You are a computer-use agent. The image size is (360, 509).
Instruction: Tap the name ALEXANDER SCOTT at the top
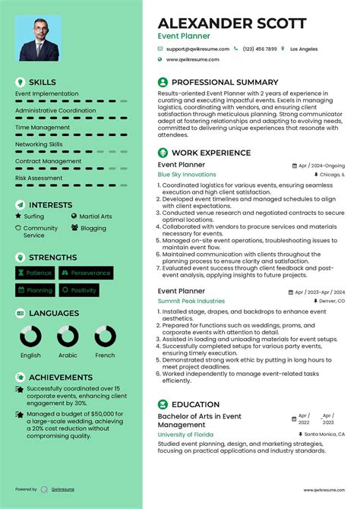pyautogui.click(x=232, y=24)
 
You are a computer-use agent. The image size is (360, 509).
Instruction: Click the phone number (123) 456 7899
pyautogui.click(x=259, y=49)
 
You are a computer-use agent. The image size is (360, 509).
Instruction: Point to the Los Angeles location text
pyautogui.click(x=304, y=49)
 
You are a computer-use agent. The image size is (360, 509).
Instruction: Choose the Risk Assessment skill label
pyautogui.click(x=39, y=178)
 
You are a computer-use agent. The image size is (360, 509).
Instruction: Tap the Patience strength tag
pyautogui.click(x=35, y=273)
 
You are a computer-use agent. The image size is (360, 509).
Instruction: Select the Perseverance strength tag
pyautogui.click(x=86, y=273)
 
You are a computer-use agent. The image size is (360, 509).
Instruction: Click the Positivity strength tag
pyautogui.click(x=79, y=290)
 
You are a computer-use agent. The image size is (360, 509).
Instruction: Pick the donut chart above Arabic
pyautogui.click(x=68, y=337)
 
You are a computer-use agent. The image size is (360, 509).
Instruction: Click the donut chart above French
pyautogui.click(x=105, y=337)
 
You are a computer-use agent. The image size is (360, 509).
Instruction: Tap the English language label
pyautogui.click(x=30, y=356)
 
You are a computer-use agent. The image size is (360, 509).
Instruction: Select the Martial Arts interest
pyautogui.click(x=95, y=217)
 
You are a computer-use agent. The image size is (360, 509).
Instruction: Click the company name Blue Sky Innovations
pyautogui.click(x=187, y=174)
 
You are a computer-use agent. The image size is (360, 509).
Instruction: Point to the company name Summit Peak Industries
pyautogui.click(x=191, y=301)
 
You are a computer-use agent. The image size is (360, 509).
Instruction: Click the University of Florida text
pyautogui.click(x=185, y=434)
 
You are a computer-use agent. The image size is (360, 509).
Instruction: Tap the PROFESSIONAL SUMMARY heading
pyautogui.click(x=224, y=82)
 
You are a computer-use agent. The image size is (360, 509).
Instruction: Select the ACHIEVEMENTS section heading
pyautogui.click(x=60, y=378)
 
